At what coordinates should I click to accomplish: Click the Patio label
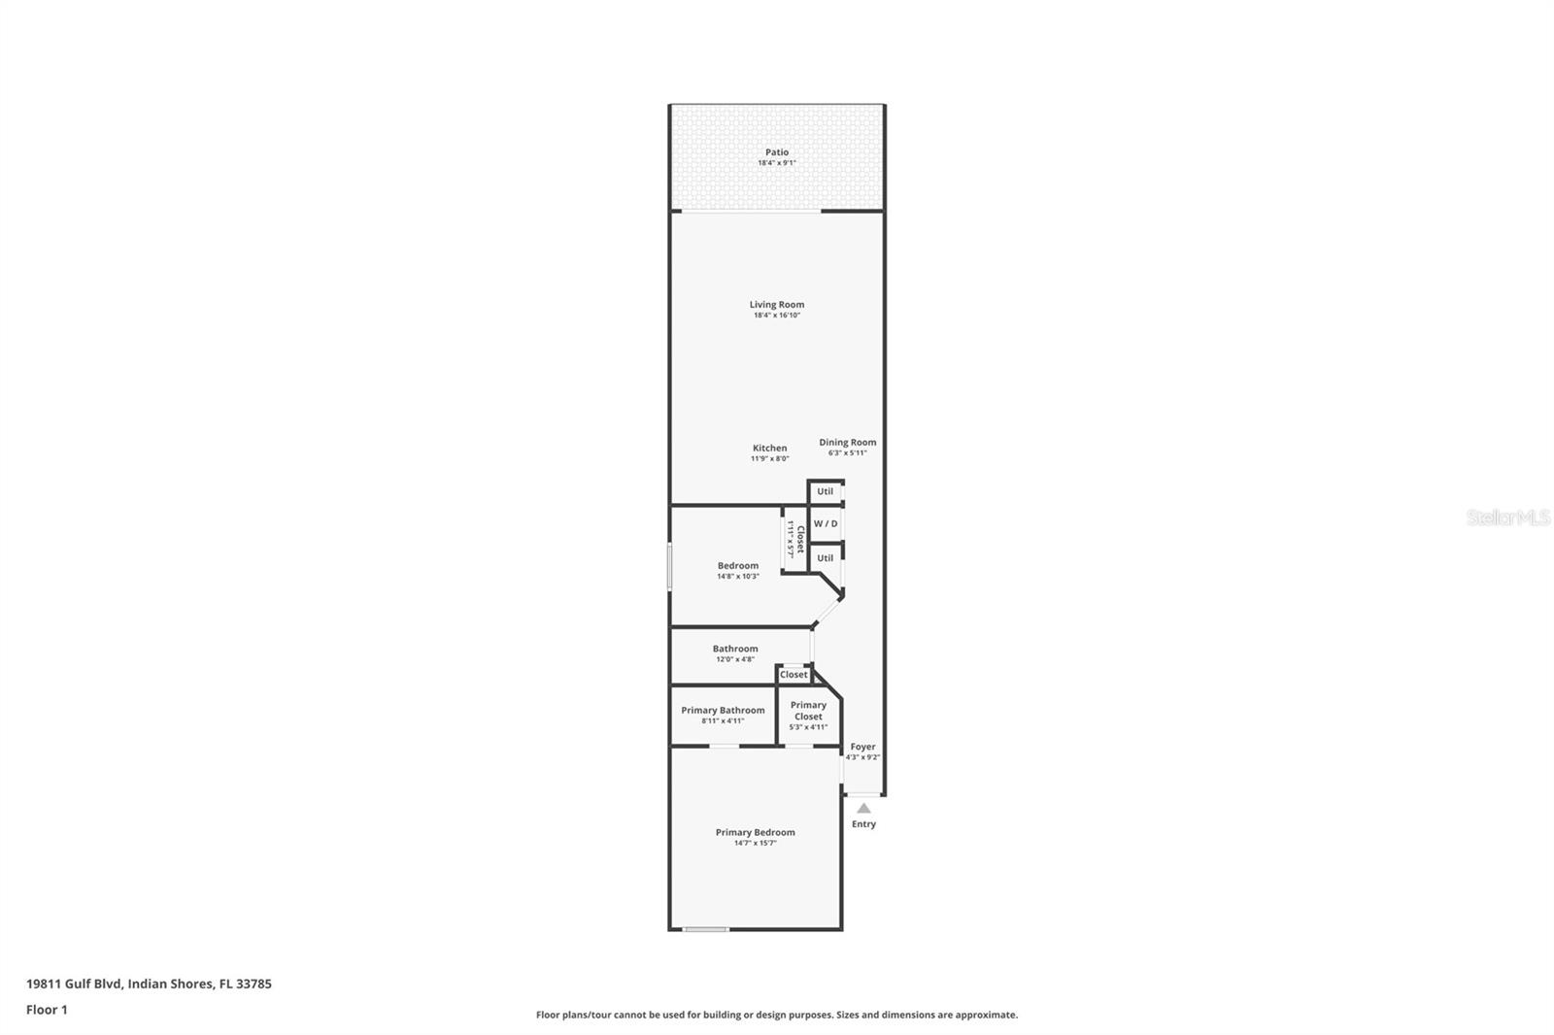pos(776,152)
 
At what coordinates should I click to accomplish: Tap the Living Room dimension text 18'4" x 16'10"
pos(776,316)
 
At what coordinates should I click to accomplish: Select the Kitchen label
pos(769,449)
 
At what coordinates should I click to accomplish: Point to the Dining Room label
pos(847,443)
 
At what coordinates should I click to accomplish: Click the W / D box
pos(826,524)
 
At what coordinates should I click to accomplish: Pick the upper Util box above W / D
pos(825,492)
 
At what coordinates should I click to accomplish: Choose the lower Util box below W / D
pos(825,558)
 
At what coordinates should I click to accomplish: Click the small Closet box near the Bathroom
pos(793,675)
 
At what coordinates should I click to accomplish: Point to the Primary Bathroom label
pos(723,711)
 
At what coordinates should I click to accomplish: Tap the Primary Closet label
pos(808,711)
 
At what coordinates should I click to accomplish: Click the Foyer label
pos(862,748)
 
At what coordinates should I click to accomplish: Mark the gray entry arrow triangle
pos(863,808)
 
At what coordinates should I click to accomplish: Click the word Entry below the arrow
pos(863,824)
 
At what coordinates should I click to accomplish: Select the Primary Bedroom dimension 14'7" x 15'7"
pos(755,844)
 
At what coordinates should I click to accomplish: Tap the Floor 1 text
pos(47,1010)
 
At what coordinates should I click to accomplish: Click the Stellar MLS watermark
pos(1507,518)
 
